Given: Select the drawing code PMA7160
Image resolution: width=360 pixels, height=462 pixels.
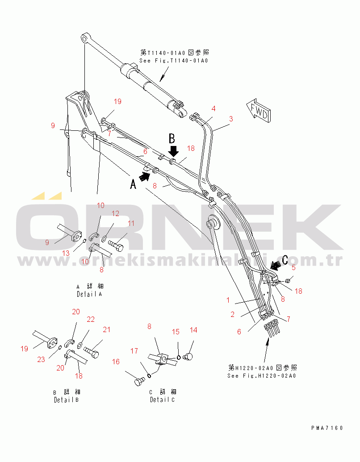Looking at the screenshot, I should (327, 428).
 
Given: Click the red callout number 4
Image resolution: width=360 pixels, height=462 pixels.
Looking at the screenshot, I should (214, 108).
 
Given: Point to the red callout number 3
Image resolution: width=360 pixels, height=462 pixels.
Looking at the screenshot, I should (231, 119).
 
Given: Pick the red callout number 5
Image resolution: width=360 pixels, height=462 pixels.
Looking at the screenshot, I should (293, 268).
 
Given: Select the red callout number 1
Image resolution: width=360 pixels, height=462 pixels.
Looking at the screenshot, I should (228, 300).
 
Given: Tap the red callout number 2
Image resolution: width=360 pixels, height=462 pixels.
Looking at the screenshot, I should (232, 314).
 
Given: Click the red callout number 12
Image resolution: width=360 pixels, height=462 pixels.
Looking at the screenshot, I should (115, 213).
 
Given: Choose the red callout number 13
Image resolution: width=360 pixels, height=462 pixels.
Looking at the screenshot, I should (66, 253).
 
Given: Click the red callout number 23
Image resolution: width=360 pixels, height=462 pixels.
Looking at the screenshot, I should (41, 359).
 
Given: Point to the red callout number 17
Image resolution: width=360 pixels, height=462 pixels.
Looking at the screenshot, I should (134, 351).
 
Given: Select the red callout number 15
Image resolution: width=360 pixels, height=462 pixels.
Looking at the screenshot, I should (176, 332).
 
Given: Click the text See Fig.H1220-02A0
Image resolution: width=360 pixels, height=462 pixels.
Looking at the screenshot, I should (261, 376).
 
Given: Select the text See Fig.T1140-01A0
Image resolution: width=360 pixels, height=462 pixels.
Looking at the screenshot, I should (174, 61).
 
